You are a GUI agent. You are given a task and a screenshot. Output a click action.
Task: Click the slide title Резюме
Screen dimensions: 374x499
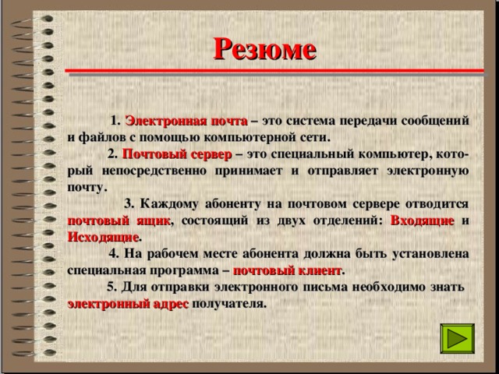point(265,49)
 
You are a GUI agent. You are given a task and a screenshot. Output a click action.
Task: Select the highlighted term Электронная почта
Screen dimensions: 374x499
point(186,121)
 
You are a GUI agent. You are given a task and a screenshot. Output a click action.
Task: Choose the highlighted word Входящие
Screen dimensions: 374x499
point(422,220)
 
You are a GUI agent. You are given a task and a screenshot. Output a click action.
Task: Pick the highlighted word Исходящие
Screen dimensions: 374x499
point(103,236)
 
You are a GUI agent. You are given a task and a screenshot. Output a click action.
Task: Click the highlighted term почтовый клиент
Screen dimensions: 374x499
point(287,270)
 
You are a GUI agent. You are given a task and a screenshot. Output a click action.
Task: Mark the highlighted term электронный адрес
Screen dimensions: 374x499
point(128,303)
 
